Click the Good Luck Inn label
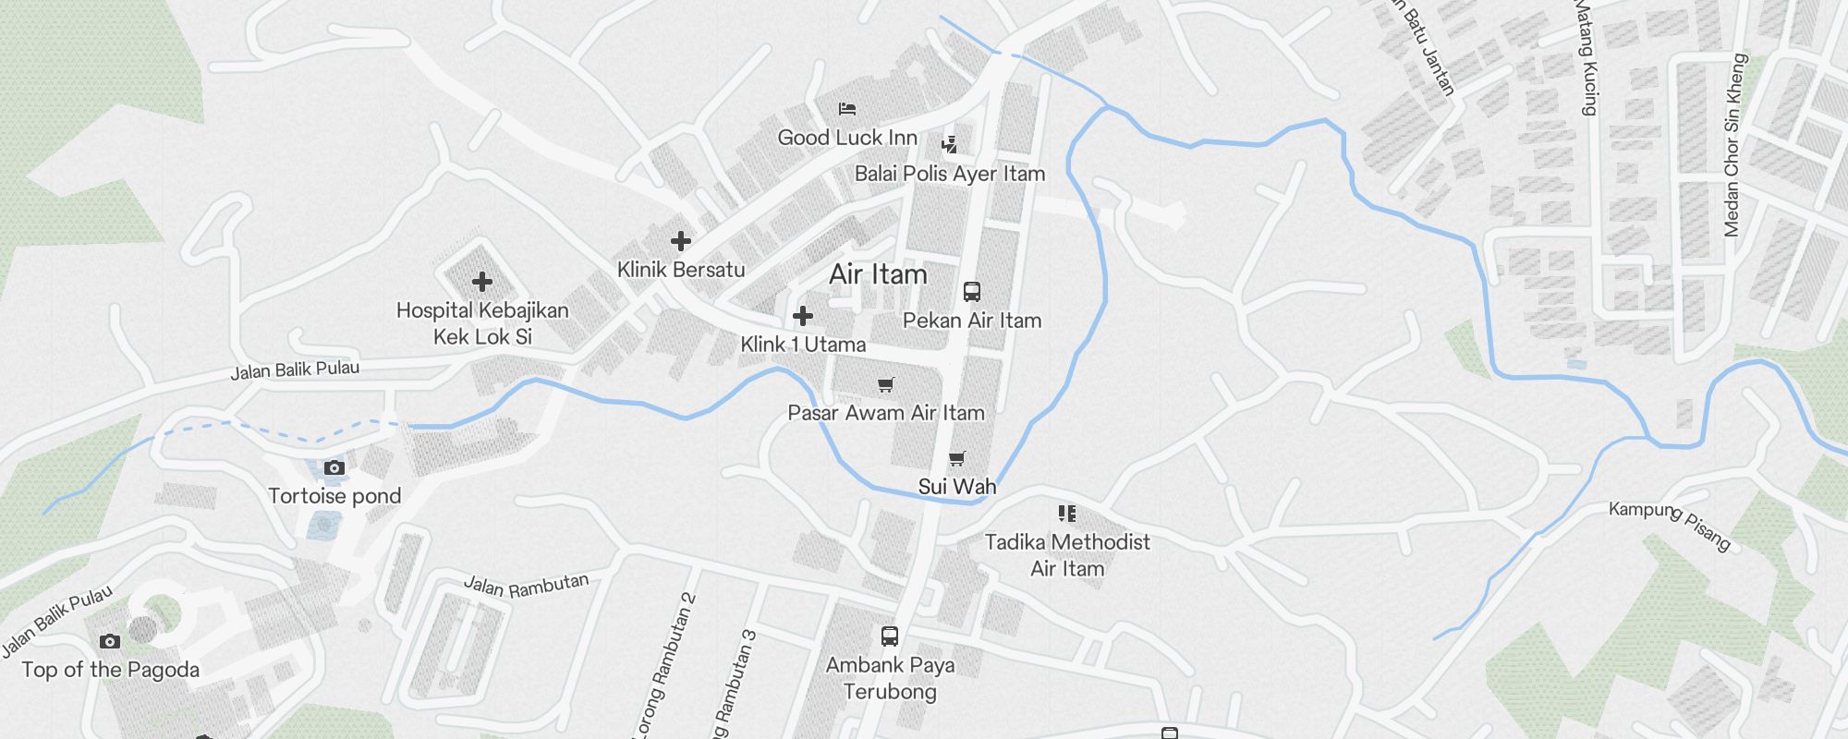click(847, 138)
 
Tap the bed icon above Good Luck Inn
click(847, 109)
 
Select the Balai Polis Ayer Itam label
click(949, 174)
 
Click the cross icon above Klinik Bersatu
click(681, 241)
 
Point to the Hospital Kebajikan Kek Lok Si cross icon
click(481, 282)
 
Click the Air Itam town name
click(878, 274)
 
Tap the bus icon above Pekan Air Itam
click(971, 292)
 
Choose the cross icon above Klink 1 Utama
click(803, 316)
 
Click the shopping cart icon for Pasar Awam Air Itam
click(886, 384)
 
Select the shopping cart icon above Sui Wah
click(957, 458)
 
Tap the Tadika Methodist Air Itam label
click(1067, 555)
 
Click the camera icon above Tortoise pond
click(334, 468)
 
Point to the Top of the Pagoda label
click(110, 670)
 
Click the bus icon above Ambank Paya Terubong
click(890, 636)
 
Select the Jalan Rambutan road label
click(526, 586)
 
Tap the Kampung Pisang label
click(1669, 526)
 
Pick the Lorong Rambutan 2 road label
click(663, 665)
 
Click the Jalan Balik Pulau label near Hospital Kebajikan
click(295, 369)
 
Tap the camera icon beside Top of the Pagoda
click(110, 641)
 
